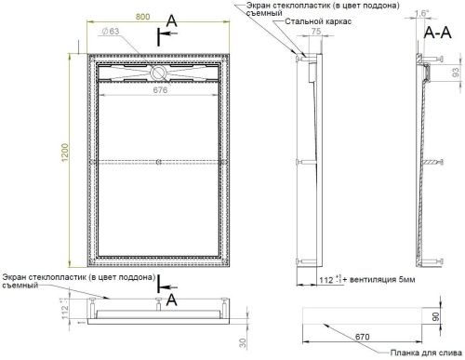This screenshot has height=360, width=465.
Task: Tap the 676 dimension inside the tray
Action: (159, 91)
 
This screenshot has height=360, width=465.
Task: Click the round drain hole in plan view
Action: (160, 71)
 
